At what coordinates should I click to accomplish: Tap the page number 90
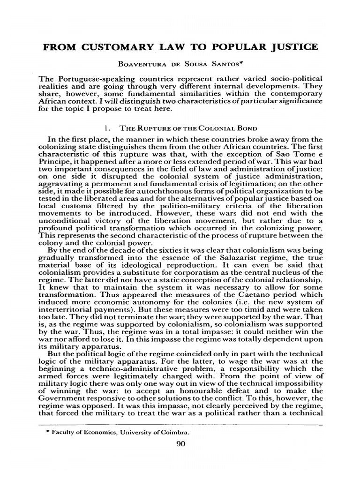(x=180, y=446)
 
